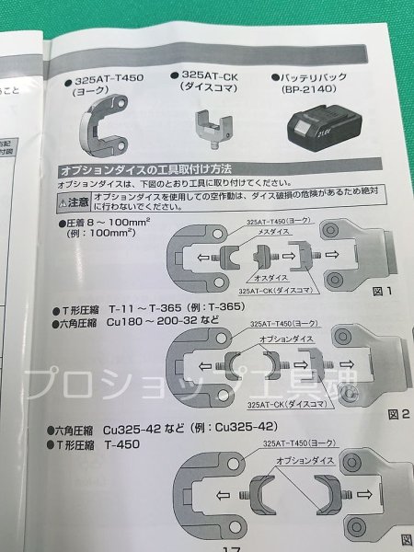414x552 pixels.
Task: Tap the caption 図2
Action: (398, 414)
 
